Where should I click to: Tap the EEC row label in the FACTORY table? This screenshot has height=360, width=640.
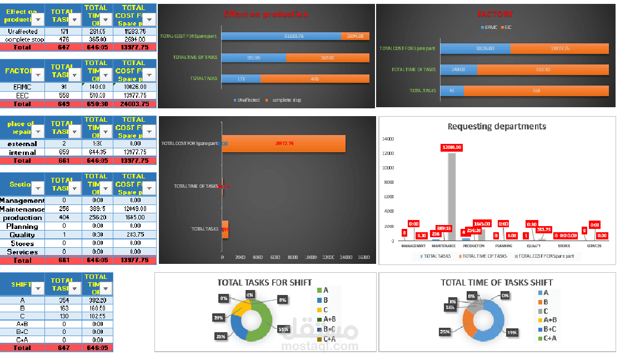click(22, 96)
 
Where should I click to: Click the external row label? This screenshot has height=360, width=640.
click(22, 144)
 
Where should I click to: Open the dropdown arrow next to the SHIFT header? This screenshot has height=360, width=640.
click(38, 288)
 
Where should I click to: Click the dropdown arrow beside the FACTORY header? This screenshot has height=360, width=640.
click(38, 75)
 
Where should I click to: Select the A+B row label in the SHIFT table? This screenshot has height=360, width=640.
click(22, 323)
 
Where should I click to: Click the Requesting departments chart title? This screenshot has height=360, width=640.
click(497, 126)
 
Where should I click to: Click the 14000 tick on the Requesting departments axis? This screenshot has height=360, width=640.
click(388, 139)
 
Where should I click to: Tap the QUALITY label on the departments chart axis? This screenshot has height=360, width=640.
click(533, 246)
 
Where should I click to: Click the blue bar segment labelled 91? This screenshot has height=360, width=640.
click(452, 90)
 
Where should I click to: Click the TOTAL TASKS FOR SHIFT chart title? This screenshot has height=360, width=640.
click(264, 282)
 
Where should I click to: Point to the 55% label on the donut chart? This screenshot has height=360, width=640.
click(284, 329)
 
